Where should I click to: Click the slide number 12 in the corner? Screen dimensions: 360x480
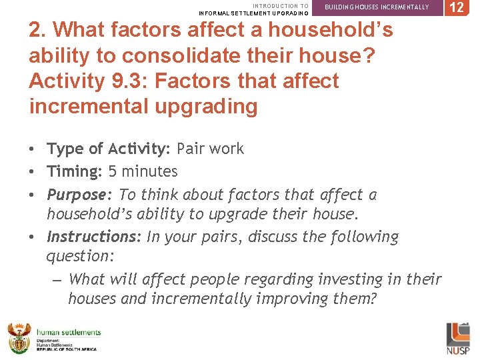(457, 7)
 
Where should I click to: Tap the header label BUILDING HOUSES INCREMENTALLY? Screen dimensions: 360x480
(377, 7)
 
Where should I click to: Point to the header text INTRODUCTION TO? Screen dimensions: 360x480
(281, 6)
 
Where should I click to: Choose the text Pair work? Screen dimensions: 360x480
(210, 149)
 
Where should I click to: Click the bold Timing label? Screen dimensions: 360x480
(73, 171)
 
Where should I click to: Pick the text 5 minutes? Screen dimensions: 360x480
(143, 171)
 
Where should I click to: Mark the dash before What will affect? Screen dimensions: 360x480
(57, 279)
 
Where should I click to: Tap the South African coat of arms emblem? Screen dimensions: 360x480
(19, 338)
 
